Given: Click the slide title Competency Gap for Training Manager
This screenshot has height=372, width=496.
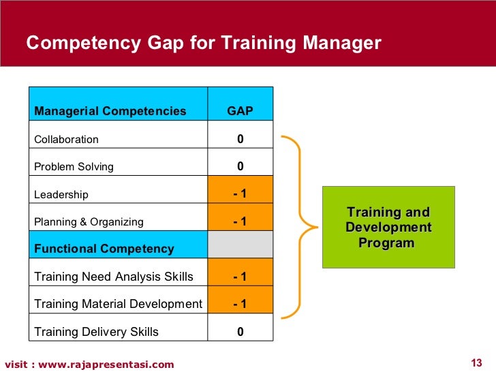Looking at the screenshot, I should click(203, 44).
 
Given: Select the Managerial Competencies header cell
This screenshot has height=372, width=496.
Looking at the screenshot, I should click(110, 111).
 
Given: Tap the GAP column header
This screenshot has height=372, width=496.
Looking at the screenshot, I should click(240, 111).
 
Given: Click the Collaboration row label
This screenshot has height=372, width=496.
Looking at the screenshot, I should click(67, 139).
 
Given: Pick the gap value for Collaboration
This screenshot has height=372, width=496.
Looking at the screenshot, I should click(240, 139).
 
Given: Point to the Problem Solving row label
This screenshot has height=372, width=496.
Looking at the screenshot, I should click(74, 166).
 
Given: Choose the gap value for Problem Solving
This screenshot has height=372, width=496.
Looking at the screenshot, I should click(240, 166).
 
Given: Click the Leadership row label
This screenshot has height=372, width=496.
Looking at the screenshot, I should click(61, 194).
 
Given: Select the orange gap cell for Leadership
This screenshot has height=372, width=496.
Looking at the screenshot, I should click(240, 194).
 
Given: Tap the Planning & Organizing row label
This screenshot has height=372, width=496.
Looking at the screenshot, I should click(89, 221).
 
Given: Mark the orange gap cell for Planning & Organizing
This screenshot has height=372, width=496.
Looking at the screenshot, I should click(240, 221).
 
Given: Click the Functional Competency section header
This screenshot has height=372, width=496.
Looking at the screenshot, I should click(104, 249).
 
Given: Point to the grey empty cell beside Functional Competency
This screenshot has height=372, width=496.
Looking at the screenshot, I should click(240, 245).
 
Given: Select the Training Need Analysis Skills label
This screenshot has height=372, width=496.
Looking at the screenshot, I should click(114, 277).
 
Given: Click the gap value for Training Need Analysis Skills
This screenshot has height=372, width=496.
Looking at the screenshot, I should click(240, 277).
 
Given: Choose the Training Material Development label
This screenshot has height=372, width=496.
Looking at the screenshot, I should click(118, 304).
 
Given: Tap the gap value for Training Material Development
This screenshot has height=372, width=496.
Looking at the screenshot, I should click(240, 304).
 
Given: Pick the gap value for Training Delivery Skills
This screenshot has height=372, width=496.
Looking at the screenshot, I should click(240, 332).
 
